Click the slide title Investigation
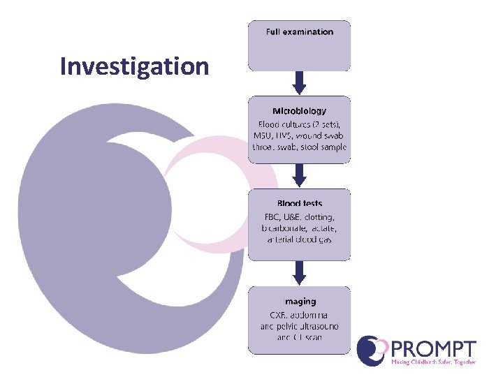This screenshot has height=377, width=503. tap(134, 66)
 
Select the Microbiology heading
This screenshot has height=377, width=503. tap(299, 110)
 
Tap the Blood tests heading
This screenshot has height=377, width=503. tap(299, 203)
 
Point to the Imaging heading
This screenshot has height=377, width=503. tap(299, 302)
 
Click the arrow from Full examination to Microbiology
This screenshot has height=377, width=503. tap(299, 82)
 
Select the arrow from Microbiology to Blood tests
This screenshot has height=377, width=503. tap(299, 175)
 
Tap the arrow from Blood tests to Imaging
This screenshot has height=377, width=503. tap(299, 272)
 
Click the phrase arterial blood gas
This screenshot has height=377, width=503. tap(299, 239)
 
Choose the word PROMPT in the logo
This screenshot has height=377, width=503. tap(435, 349)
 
